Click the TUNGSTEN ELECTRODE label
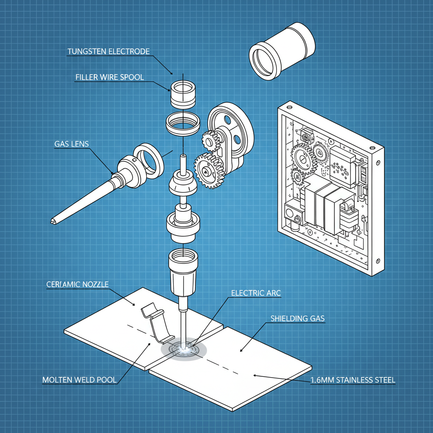109,52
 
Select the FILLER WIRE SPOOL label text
110,77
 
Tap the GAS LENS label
71,144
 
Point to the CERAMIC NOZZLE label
77,285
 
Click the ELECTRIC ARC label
256,293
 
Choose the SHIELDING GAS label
298,318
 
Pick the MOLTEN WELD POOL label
79,380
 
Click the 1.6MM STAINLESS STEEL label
353,380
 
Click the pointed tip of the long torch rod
52,221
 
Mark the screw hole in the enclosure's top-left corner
290,103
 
